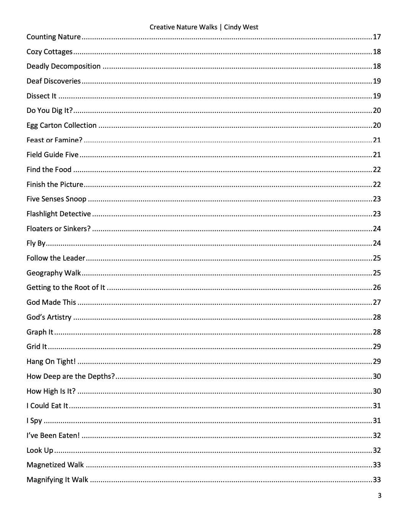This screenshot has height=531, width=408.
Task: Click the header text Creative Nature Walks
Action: coord(183,27)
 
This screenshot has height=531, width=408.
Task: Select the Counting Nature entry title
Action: coord(53,37)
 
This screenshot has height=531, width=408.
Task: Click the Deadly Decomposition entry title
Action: coord(63,66)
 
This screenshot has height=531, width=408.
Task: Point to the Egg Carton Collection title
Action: coord(61,126)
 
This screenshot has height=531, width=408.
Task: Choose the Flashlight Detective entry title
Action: coord(59,214)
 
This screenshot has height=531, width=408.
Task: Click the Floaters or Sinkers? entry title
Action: coord(58,229)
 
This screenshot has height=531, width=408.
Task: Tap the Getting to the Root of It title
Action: coord(66,288)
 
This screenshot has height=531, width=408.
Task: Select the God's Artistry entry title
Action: coord(49,317)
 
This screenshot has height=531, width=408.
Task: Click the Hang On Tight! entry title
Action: coord(51,362)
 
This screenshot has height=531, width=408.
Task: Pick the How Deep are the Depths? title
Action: coord(71,377)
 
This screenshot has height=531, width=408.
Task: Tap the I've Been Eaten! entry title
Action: coord(53,436)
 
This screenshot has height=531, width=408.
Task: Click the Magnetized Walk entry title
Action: coord(55,465)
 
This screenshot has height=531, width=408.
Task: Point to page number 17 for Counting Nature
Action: coord(377,37)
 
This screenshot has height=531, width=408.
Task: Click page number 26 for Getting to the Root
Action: coord(377,288)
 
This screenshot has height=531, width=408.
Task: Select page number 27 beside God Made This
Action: coord(377,303)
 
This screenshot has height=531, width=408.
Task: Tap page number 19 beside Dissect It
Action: coord(377,96)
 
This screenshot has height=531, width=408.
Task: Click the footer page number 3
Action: coord(379,496)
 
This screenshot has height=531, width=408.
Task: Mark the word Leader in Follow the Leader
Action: coord(74,258)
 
